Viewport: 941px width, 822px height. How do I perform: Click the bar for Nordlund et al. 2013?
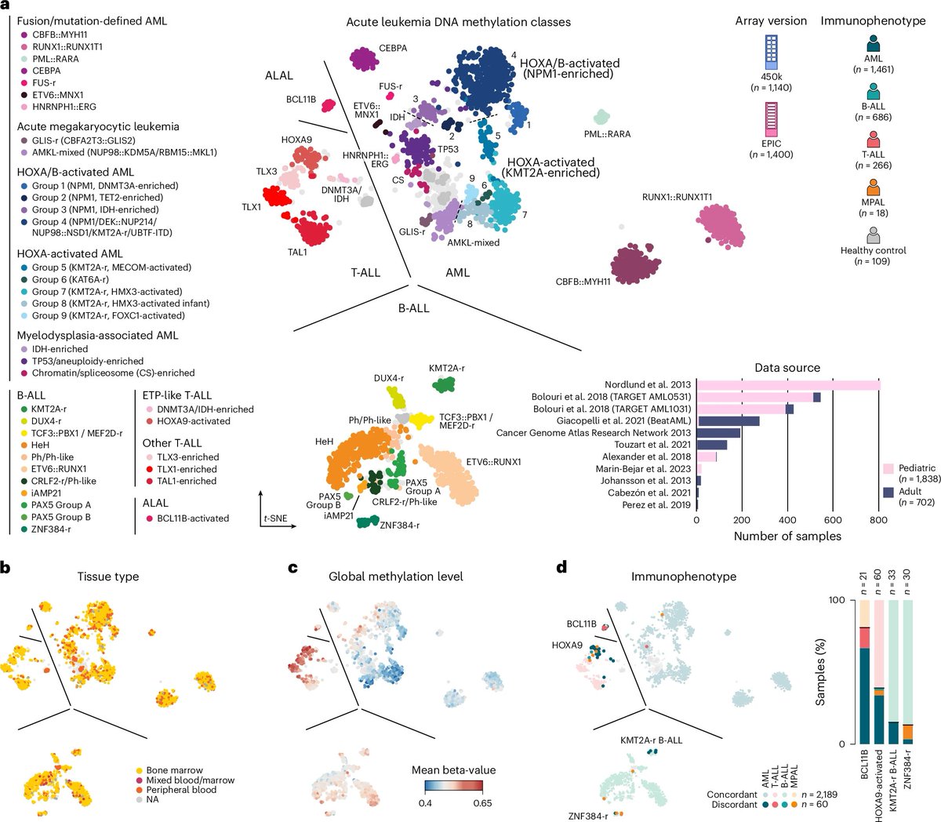[788, 384]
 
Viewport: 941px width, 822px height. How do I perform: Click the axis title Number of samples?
[787, 536]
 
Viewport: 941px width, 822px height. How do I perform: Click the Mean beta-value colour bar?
[453, 785]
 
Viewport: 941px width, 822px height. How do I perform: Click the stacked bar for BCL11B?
[864, 671]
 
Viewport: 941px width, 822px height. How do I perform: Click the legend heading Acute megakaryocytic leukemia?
[98, 126]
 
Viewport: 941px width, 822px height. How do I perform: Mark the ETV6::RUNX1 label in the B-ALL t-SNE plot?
[493, 462]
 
